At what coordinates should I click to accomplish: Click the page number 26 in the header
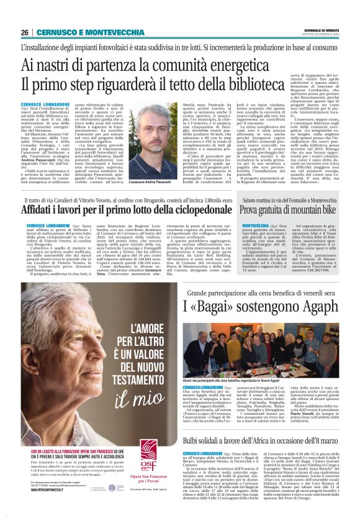[x=24, y=32]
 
